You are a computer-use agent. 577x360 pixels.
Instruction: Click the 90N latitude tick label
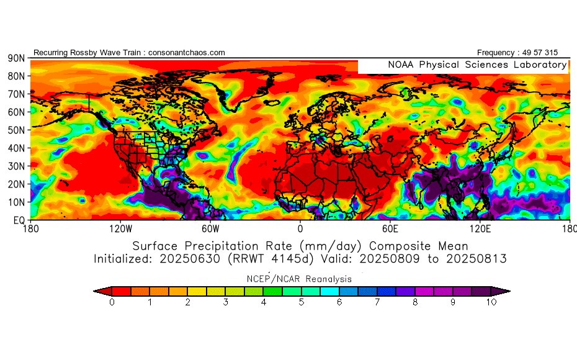point(16,58)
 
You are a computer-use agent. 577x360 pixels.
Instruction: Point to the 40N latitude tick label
point(16,148)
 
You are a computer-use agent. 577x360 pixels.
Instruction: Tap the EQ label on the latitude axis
point(18,220)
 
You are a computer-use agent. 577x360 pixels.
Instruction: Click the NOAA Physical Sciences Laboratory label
point(477,65)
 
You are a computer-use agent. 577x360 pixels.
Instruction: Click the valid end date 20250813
point(478,258)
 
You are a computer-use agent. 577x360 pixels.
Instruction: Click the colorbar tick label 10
point(492,302)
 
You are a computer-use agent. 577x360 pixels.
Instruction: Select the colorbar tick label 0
point(112,302)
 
